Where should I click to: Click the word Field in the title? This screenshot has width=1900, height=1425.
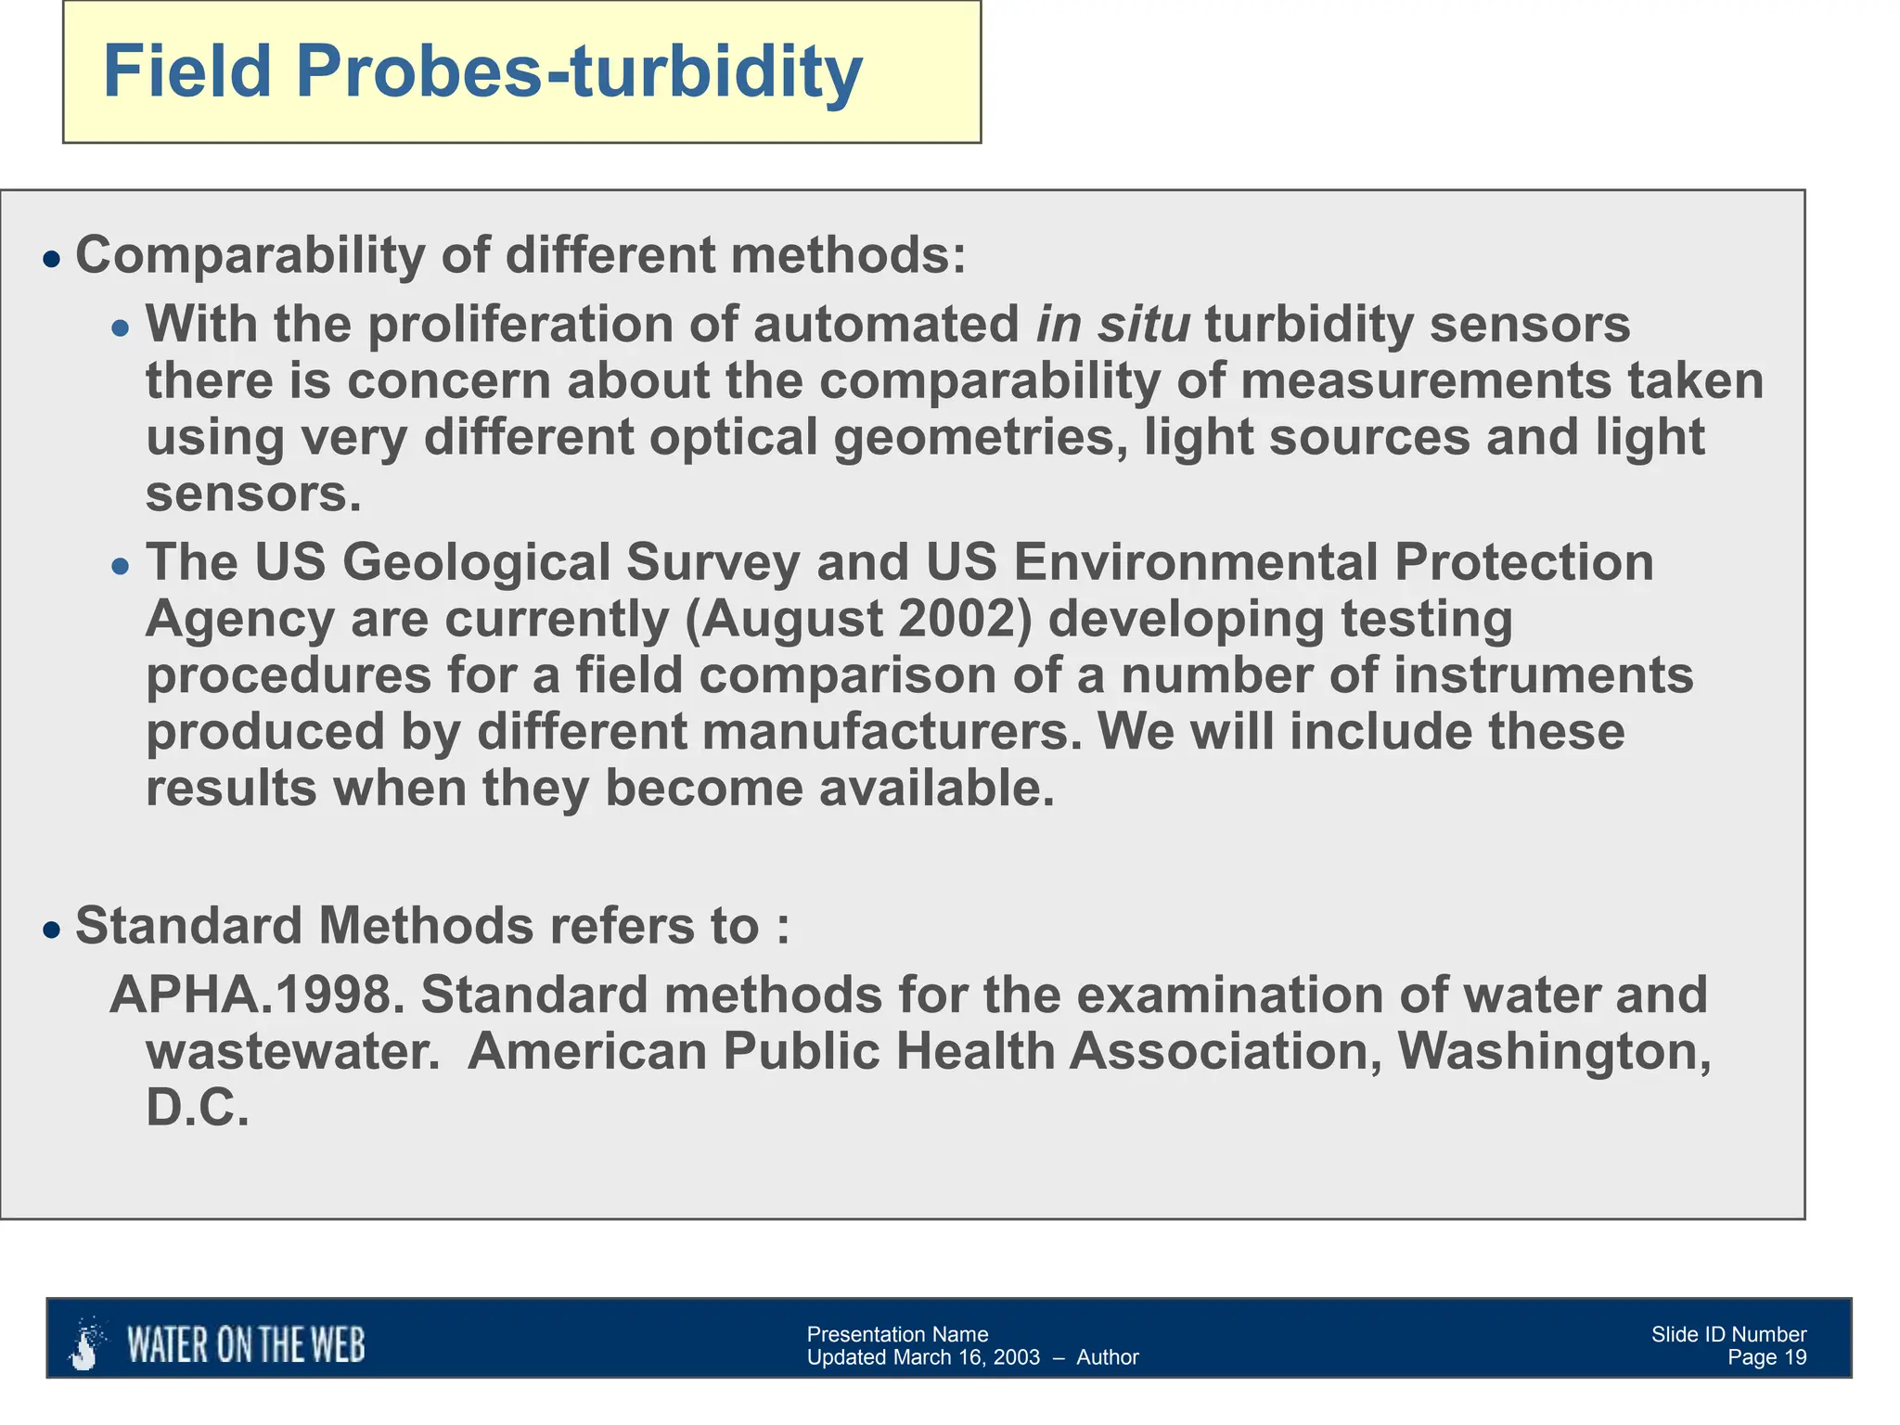coord(187,72)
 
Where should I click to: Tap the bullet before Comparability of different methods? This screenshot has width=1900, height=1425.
coord(52,259)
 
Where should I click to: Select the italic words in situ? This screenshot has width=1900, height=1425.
coord(1112,325)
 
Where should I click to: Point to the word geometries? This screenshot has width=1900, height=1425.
coord(981,437)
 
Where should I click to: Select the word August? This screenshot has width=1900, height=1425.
coord(791,619)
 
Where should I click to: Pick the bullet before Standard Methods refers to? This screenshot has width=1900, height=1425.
coord(52,931)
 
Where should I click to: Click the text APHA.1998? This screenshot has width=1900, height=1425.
coord(258,995)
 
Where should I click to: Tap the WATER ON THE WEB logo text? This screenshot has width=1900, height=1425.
coord(246,1345)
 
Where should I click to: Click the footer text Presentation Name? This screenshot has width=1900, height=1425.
coord(897,1334)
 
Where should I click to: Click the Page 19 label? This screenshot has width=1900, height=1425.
coord(1766,1358)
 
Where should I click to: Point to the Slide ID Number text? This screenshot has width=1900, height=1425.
coord(1728,1334)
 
